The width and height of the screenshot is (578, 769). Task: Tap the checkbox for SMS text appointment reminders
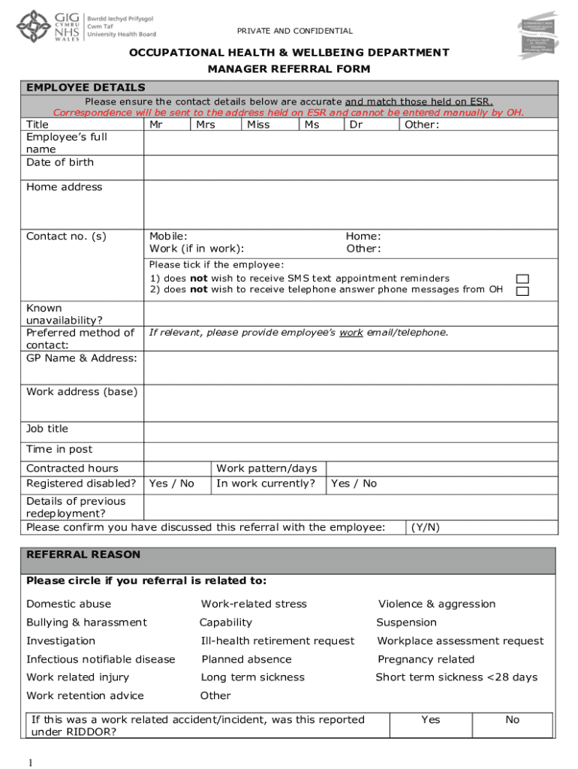[522, 279]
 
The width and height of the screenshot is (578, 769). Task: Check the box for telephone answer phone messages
[522, 291]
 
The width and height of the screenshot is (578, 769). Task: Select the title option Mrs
[206, 125]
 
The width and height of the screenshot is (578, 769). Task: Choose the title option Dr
[357, 125]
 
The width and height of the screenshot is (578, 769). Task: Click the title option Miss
[258, 125]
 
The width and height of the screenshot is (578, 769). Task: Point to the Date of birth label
[60, 162]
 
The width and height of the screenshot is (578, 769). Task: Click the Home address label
[64, 187]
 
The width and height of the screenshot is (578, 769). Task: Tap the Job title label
[47, 429]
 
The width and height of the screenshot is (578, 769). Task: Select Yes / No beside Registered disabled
[172, 484]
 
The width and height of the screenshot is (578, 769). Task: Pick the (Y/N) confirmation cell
[426, 527]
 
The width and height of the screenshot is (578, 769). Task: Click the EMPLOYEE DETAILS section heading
[86, 88]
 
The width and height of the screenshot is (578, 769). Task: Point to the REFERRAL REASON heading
[83, 555]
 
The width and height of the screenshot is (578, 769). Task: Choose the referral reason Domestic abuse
[68, 604]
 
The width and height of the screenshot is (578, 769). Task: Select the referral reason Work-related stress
[254, 604]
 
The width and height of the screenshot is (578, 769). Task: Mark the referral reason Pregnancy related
[426, 659]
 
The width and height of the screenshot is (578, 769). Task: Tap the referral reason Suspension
[406, 623]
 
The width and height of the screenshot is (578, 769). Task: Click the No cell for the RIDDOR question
[512, 720]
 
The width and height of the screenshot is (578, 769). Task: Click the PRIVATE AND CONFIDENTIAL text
[295, 31]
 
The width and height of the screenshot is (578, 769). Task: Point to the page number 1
[29, 763]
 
